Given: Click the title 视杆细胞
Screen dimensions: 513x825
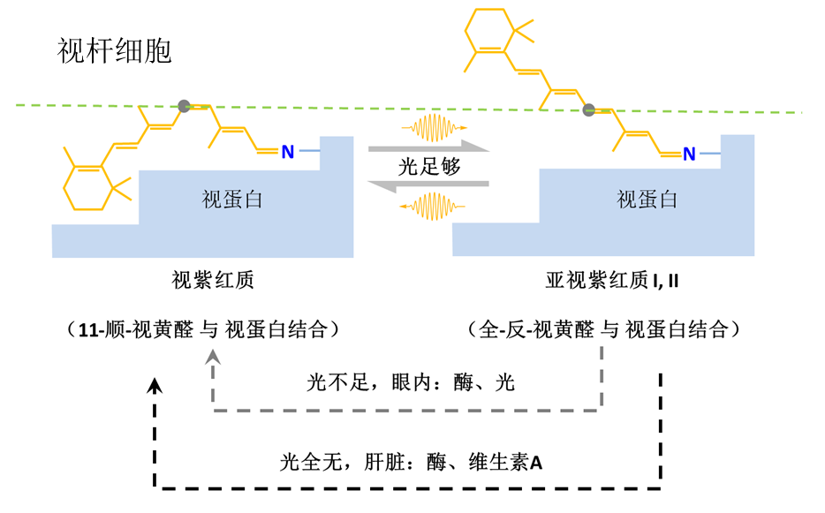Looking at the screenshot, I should pos(114,50).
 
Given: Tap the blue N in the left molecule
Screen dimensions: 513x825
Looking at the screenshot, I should pos(287,153).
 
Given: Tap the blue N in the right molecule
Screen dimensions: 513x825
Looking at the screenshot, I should pos(689,155).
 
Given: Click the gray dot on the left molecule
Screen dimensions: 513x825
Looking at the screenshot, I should pos(184,106).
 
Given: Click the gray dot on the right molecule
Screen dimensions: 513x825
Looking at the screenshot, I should pos(588,111).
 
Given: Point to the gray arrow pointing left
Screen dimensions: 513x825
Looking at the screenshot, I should pos(428,185).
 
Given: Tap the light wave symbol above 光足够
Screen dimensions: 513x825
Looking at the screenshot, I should pos(434,129).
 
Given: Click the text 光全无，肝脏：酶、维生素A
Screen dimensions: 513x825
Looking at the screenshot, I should pos(410,460).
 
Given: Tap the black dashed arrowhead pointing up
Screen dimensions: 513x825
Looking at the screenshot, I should pos(155,386).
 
